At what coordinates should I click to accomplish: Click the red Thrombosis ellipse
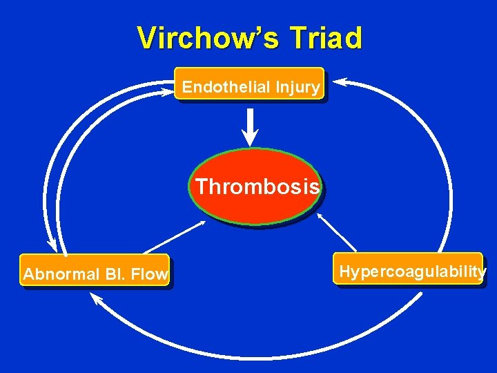coord(256,186)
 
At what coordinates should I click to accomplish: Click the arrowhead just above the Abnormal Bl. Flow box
coord(51,246)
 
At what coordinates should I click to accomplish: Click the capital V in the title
coord(148,39)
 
